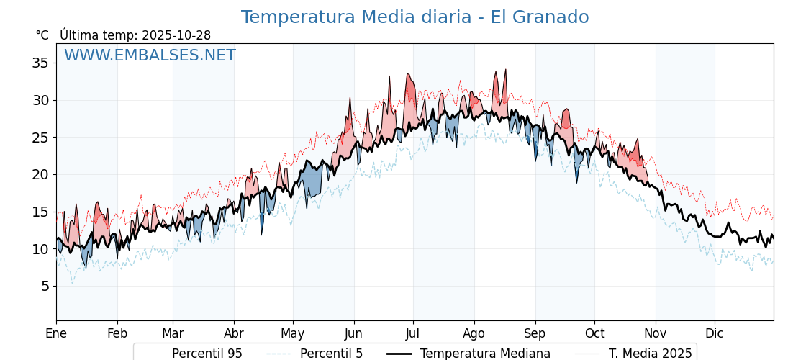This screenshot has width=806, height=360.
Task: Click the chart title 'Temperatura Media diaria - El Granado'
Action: coord(415,17)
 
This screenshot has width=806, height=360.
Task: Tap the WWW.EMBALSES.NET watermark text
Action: coord(150,55)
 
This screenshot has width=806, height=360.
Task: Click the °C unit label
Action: coord(42,35)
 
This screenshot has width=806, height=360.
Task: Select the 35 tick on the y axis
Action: coord(40,63)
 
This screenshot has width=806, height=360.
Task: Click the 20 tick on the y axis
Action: coord(40,174)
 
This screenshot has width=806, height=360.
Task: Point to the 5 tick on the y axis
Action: coord(45,286)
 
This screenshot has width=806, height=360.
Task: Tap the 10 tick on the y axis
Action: coord(40,249)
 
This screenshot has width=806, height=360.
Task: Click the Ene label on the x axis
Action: coord(56,333)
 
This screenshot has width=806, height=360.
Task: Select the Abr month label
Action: coord(234,333)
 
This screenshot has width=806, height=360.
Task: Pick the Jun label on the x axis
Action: coord(353,333)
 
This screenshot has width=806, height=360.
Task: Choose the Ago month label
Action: coord(474,333)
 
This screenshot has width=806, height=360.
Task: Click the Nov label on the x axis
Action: coord(656,333)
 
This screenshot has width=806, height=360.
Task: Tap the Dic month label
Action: coord(715,333)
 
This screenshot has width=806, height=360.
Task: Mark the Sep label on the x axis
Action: coord(535,333)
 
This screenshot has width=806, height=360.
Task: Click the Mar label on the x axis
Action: coord(173,333)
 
